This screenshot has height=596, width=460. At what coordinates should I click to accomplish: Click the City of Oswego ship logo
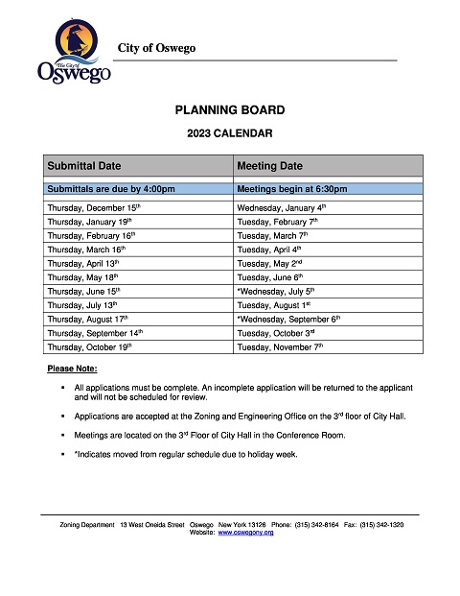click(x=74, y=54)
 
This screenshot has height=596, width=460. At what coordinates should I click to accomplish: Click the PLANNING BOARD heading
click(x=230, y=110)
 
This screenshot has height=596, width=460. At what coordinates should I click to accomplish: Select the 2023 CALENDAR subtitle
click(x=230, y=133)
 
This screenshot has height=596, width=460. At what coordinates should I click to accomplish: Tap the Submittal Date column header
click(x=84, y=166)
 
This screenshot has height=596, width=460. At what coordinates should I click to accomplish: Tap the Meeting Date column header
click(x=269, y=166)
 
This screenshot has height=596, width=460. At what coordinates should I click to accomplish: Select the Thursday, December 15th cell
click(x=94, y=206)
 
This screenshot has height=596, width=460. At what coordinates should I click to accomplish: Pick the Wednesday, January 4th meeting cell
click(x=282, y=206)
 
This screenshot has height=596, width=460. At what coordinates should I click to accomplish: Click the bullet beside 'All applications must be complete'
click(x=61, y=387)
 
